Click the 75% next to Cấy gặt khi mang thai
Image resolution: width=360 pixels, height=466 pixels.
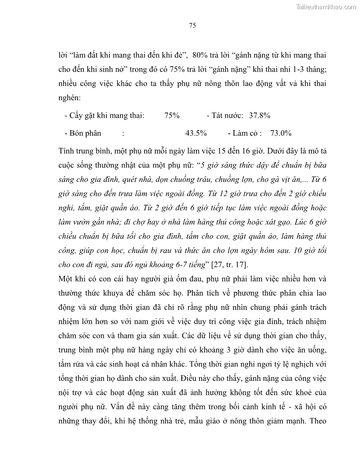pos(172,116)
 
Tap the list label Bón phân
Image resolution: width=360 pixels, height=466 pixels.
pos(83,133)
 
